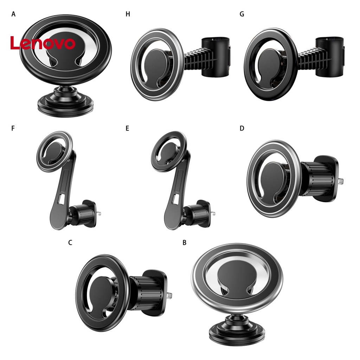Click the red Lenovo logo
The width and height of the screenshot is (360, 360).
coord(43,43)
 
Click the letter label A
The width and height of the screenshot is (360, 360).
coord(13,14)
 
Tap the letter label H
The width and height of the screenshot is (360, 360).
coord(128,14)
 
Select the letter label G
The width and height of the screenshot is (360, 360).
coord(242,14)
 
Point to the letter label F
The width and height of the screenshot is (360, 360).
coord(13,128)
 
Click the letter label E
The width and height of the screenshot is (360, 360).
coord(127,128)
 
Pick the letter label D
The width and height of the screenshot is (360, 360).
coord(242,128)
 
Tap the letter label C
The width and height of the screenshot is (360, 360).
coord(70,243)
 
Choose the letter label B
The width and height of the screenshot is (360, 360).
coord(185,243)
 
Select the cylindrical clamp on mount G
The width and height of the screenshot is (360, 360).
coord(330,56)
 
